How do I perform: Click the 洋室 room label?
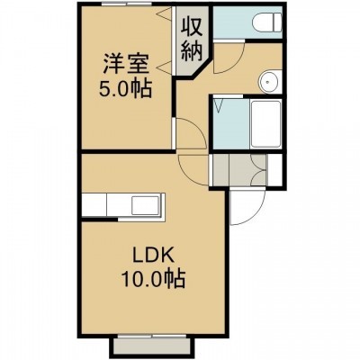(126, 64)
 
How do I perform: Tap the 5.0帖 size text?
(125, 88)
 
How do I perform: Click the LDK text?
(153, 257)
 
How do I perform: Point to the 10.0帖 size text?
(153, 278)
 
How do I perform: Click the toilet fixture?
(267, 22)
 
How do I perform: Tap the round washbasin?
(267, 82)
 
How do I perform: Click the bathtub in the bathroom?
(265, 123)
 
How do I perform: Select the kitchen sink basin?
(145, 205)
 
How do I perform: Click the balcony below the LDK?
(152, 347)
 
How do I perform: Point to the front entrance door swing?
(247, 207)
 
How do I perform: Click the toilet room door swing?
(229, 58)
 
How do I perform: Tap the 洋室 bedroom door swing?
(190, 133)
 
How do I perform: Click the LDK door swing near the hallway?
(193, 169)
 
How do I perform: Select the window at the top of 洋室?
(126, 4)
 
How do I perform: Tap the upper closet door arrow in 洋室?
(164, 13)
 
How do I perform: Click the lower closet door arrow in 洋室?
(164, 67)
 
